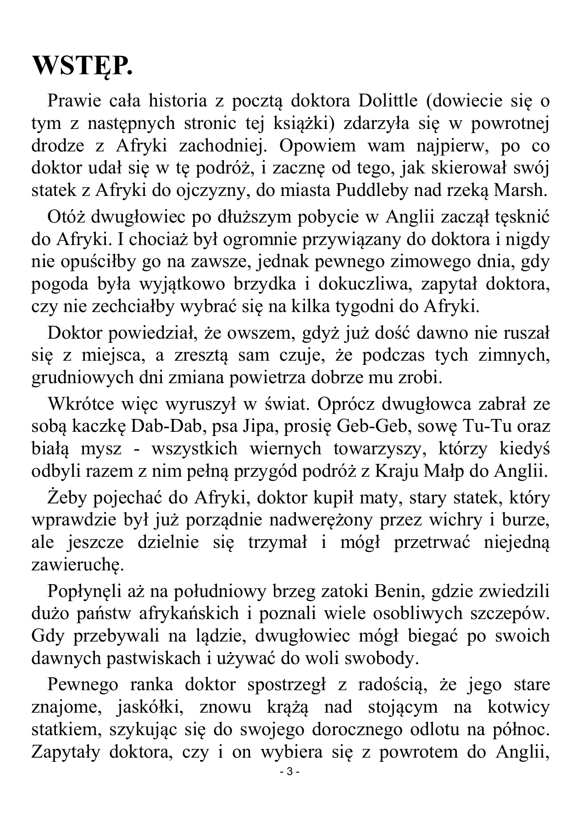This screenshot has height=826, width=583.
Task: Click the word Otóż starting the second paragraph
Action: coord(64,217)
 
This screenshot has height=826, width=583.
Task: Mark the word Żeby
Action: coord(65,498)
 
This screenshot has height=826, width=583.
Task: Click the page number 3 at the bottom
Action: coord(289,772)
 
